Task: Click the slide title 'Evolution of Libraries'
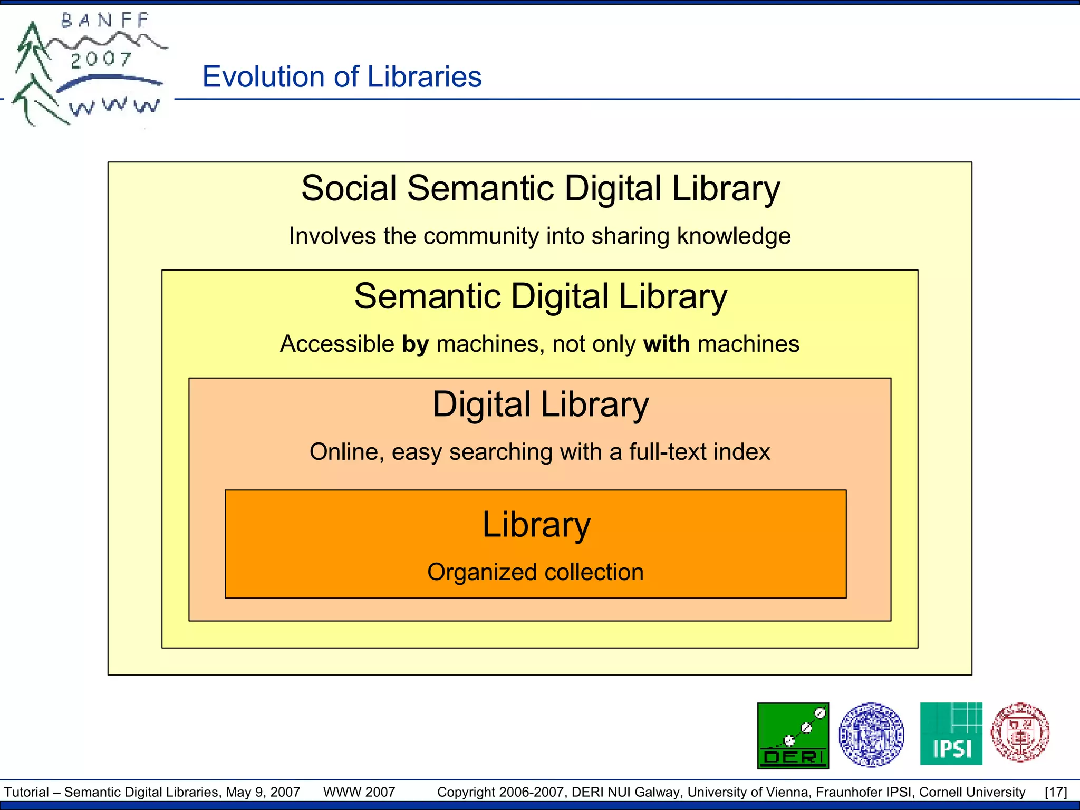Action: (342, 77)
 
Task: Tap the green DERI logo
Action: (793, 736)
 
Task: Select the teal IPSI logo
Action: (951, 734)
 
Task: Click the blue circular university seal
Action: (871, 735)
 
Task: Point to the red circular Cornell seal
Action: (1020, 732)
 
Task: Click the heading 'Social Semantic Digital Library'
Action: (540, 188)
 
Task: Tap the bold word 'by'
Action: (415, 344)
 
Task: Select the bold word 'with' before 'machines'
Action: (667, 344)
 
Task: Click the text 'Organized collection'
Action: (535, 572)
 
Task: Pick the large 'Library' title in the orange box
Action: (536, 525)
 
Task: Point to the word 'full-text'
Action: (668, 452)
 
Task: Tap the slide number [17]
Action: (1056, 792)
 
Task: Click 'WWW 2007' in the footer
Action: (359, 792)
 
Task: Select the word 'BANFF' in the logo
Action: (105, 21)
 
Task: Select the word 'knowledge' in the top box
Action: (734, 236)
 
